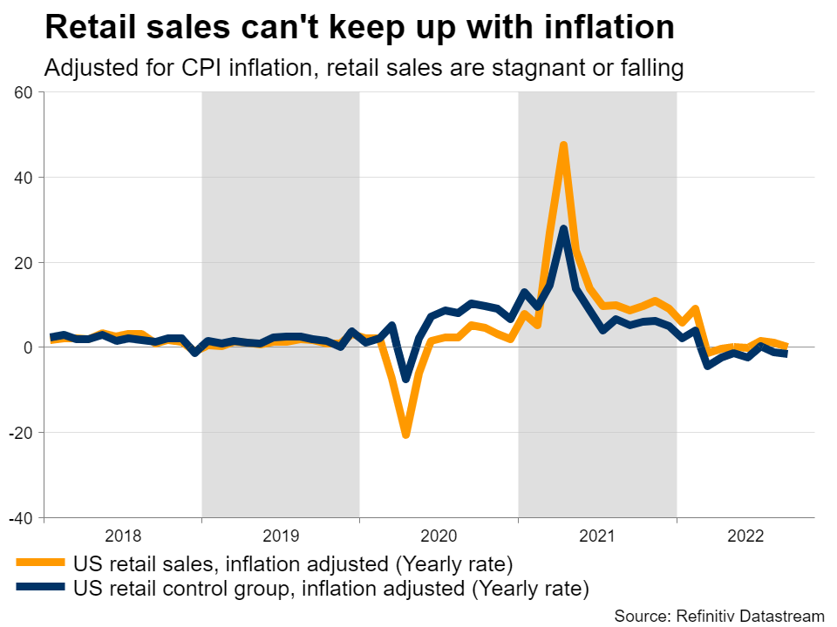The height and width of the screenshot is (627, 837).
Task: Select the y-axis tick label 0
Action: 27,347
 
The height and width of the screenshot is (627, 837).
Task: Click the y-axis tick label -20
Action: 19,433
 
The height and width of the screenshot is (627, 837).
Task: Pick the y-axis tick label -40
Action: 19,518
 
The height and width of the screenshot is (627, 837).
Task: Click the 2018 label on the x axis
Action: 122,534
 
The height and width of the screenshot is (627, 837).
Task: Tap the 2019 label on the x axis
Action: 281,534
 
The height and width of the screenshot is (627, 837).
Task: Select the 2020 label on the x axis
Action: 439,534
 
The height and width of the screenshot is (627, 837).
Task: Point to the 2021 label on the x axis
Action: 597,534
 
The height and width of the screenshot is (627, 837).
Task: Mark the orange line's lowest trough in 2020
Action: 405,434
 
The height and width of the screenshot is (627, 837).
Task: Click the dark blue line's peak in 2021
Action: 564,229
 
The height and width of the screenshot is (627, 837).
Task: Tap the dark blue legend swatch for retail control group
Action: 40,588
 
